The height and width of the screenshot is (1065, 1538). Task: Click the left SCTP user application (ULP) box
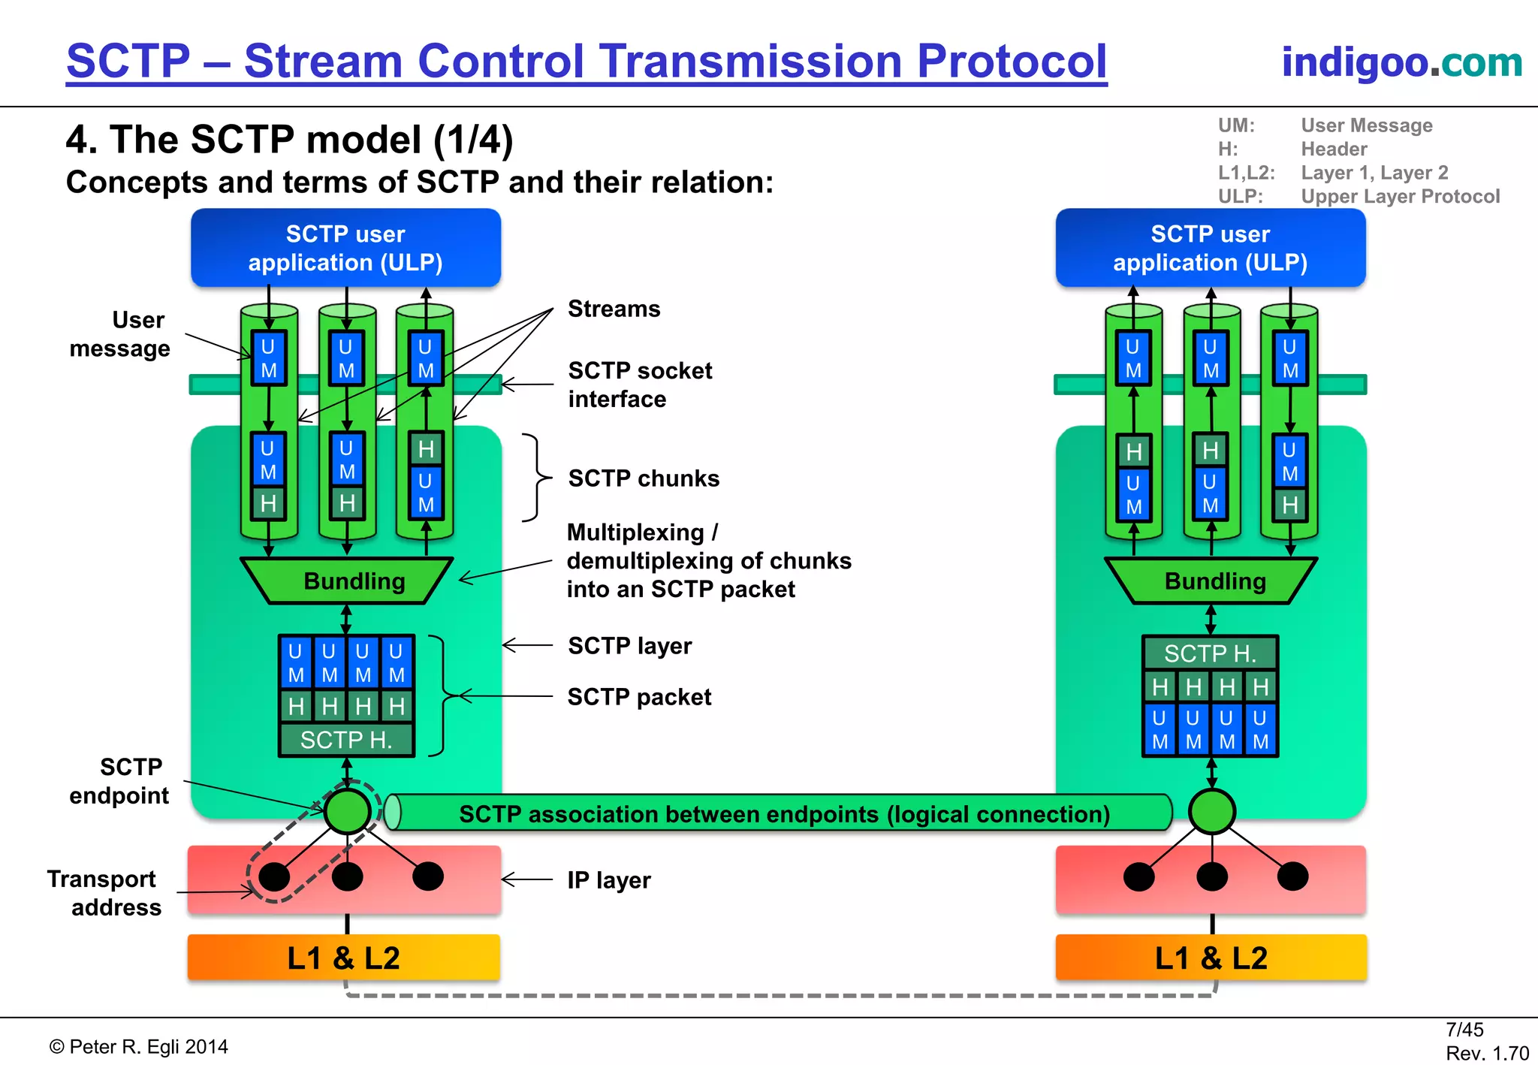[x=345, y=248]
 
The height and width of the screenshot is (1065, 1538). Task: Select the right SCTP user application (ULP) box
[x=1210, y=248]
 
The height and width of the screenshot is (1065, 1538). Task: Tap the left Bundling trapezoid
[x=348, y=581]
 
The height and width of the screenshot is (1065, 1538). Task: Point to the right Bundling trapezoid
[x=1211, y=581]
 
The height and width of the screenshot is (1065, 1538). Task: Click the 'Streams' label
[x=614, y=309]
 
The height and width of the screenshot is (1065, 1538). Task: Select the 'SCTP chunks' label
[x=644, y=478]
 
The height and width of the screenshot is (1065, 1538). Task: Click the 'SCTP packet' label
[x=639, y=697]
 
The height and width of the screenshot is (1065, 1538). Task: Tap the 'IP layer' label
[x=608, y=879]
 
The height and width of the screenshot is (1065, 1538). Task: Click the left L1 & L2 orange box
[x=343, y=958]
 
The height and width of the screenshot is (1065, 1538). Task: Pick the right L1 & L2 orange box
[x=1210, y=958]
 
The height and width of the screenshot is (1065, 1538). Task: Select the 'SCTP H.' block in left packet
[x=346, y=740]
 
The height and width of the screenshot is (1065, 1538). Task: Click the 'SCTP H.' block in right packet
[x=1210, y=653]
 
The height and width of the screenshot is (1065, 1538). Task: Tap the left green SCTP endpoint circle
[x=347, y=811]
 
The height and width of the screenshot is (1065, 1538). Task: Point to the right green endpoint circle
[x=1211, y=811]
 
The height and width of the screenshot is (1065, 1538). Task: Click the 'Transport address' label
[x=103, y=893]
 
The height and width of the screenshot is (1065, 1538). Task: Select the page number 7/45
[x=1464, y=1030]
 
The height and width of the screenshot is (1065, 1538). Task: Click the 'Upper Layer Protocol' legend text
[x=1400, y=197]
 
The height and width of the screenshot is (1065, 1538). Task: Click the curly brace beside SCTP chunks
[x=535, y=478]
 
